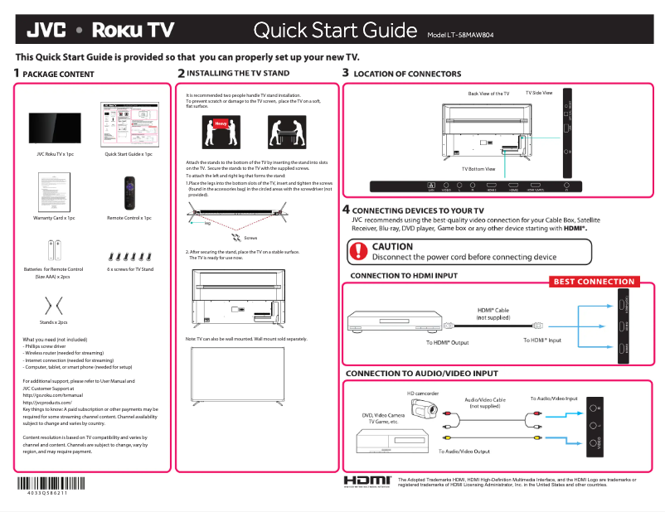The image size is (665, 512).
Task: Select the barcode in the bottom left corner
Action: (51, 485)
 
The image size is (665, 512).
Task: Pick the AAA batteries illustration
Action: (54, 249)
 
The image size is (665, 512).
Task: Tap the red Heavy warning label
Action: (220, 124)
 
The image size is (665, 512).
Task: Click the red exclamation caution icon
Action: (358, 251)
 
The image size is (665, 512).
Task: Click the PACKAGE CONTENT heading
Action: (58, 74)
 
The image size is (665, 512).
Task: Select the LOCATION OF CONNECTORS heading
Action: (406, 74)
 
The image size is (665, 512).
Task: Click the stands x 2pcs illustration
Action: (54, 301)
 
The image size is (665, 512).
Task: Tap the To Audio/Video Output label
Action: (464, 452)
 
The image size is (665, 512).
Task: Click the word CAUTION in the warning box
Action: (392, 246)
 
